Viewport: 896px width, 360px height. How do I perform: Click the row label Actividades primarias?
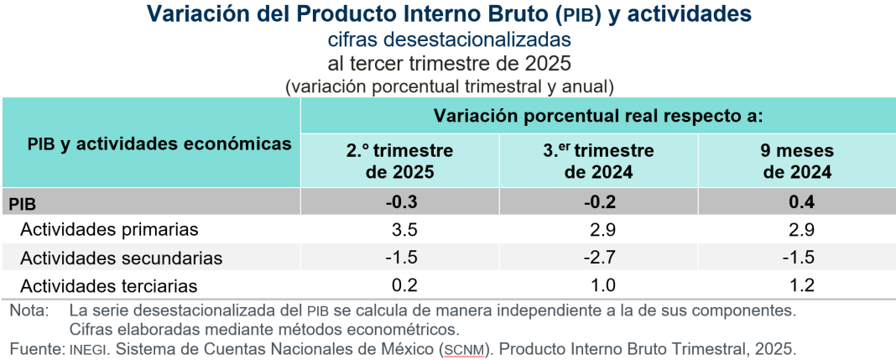[x=109, y=229]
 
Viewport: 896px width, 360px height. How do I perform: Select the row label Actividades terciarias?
[x=109, y=285]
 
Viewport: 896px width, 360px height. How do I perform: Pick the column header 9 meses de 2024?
[x=796, y=161]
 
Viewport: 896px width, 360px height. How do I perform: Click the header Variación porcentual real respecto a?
[x=597, y=115]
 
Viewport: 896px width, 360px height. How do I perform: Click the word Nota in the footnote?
[x=29, y=310]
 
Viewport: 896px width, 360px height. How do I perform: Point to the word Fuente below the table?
[x=35, y=347]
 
